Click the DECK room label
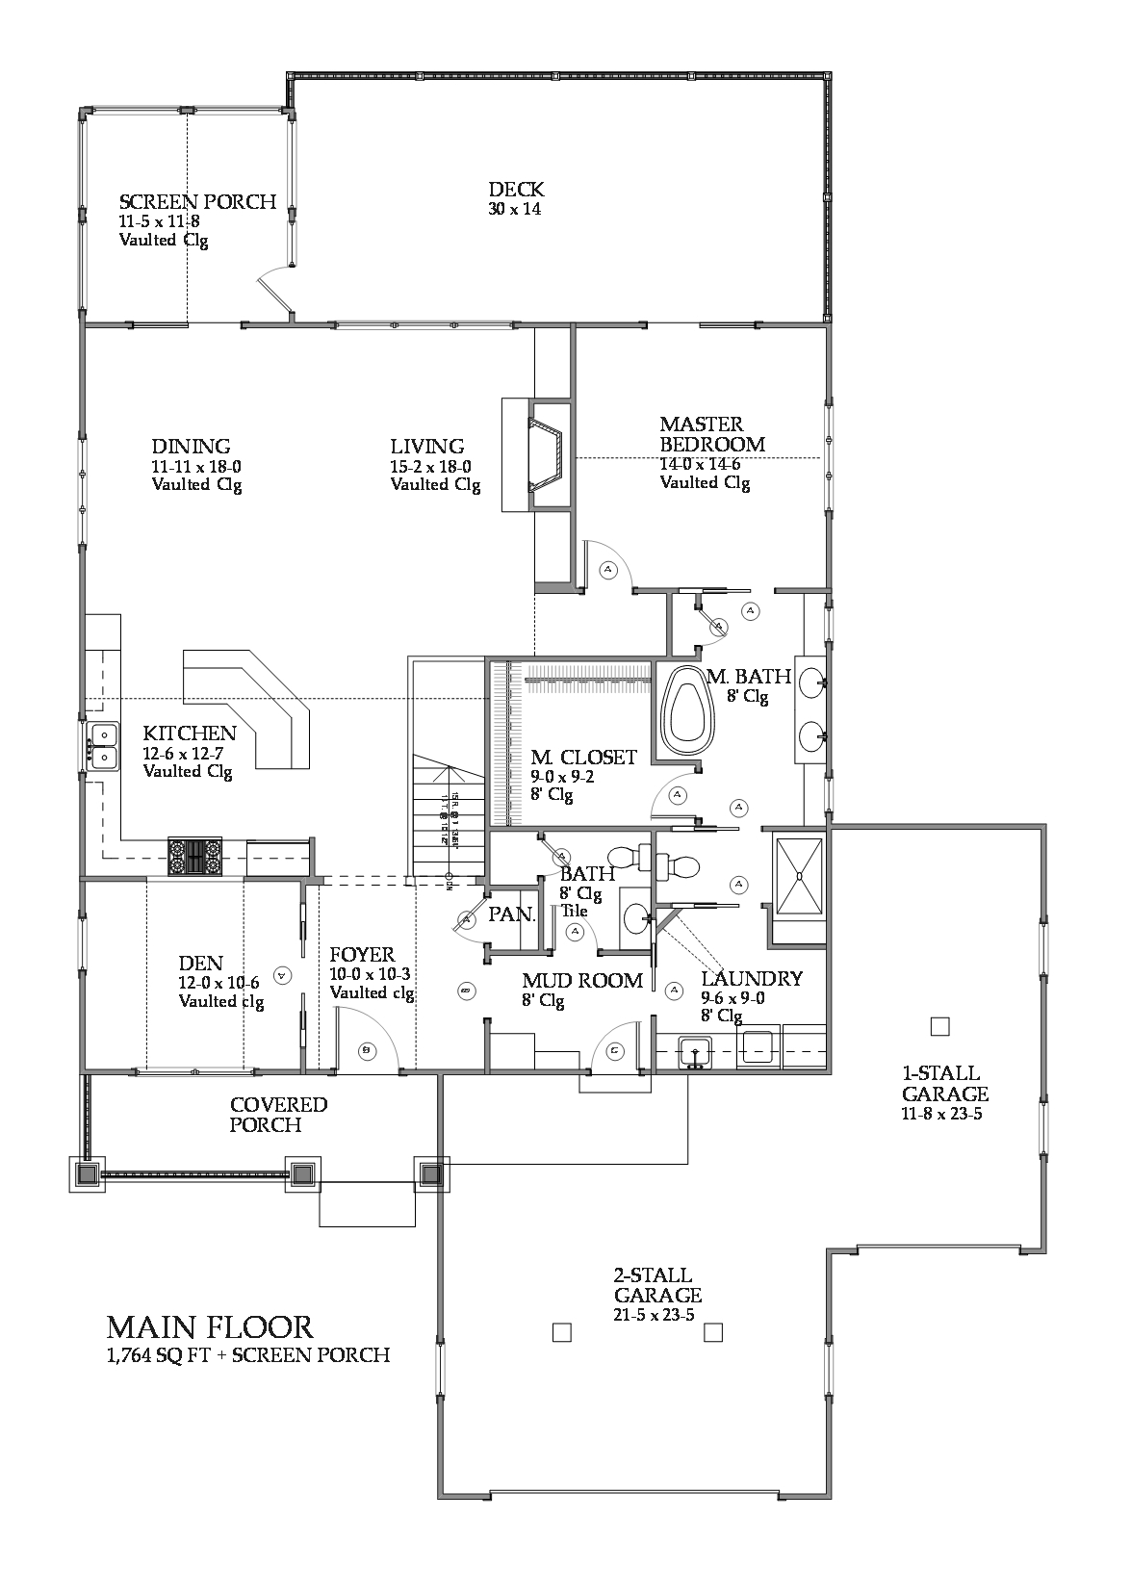pyautogui.click(x=515, y=190)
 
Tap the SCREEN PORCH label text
pyautogui.click(x=197, y=202)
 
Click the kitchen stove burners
pyautogui.click(x=194, y=855)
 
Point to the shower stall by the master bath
pyautogui.click(x=799, y=875)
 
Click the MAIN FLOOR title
pyautogui.click(x=210, y=1327)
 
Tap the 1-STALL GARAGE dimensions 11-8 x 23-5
pyautogui.click(x=941, y=1115)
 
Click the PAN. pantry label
pyautogui.click(x=511, y=914)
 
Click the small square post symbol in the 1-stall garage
pyautogui.click(x=940, y=1026)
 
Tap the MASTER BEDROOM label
pyautogui.click(x=712, y=434)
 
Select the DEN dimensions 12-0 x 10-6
pyautogui.click(x=220, y=983)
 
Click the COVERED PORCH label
pyautogui.click(x=278, y=1115)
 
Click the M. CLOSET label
pyautogui.click(x=583, y=758)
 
